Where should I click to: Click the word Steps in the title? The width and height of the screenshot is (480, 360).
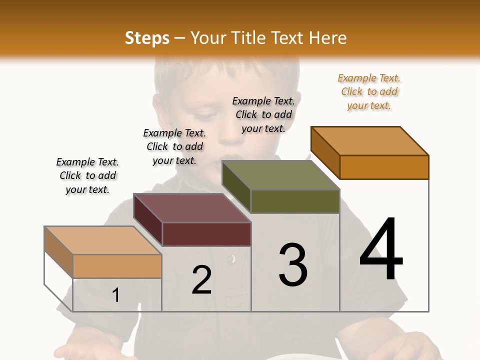pos(147,38)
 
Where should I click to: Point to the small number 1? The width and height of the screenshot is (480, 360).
pos(116,295)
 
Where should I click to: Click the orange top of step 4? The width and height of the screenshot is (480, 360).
pos(370,140)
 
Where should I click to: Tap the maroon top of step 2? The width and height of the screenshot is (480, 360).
pos(192,208)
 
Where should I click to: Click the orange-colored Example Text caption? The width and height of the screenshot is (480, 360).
pos(369,91)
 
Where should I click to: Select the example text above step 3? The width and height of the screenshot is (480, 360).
pos(263,114)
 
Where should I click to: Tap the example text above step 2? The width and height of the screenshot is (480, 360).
pos(174,146)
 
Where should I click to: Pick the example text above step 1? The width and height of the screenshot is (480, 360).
pos(87,175)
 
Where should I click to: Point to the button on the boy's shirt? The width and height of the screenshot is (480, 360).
pos(230,259)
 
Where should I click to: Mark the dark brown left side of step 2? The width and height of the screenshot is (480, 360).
pos(148,220)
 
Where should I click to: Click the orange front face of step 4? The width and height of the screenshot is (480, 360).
pos(384,167)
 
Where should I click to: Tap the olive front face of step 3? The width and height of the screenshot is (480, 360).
pos(295,201)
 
